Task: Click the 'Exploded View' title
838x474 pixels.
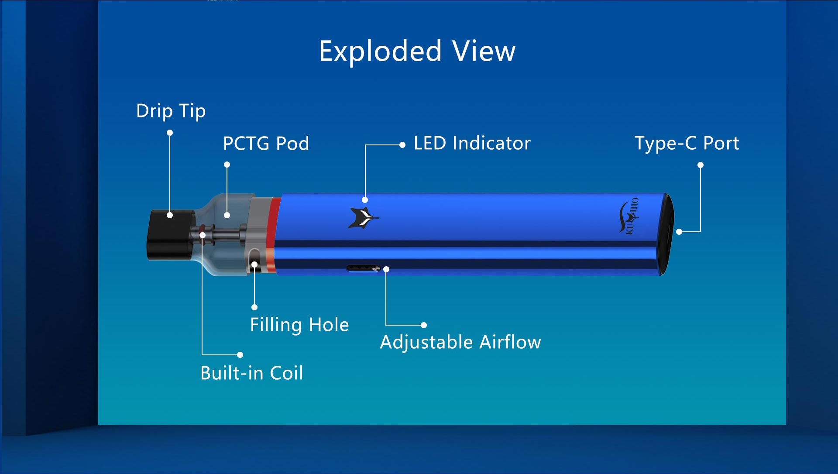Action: tap(417, 52)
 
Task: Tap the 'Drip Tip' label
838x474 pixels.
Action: tap(171, 111)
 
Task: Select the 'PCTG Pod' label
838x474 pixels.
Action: tap(266, 144)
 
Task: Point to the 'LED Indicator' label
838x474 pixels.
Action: tap(472, 143)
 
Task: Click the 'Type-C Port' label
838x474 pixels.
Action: tap(687, 143)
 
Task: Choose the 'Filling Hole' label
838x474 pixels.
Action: tap(299, 325)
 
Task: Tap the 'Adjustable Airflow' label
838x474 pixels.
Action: tap(460, 342)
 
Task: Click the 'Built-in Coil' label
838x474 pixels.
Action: tap(251, 373)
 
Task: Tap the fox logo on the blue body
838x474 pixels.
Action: tap(363, 218)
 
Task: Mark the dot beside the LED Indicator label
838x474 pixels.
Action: tap(402, 145)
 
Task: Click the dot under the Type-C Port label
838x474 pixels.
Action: tap(700, 165)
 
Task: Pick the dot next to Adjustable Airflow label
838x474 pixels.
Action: tap(423, 325)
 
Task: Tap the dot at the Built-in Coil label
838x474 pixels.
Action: tap(240, 355)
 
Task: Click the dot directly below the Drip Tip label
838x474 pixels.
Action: tap(170, 133)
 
